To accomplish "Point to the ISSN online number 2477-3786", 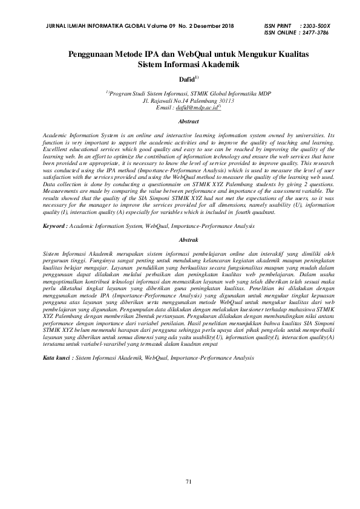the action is [315, 33].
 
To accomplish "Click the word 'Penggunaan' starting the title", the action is [93, 54].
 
